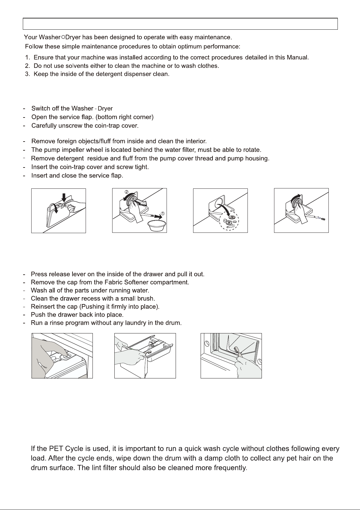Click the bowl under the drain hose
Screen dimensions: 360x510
click(157, 226)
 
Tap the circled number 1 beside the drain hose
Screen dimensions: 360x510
click(162, 213)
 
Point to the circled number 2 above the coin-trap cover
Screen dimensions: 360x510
click(127, 192)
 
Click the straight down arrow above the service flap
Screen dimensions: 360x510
click(64, 197)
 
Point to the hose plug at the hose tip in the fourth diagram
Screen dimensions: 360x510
click(323, 219)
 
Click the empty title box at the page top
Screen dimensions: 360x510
click(180, 24)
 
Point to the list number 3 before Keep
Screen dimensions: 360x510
click(27, 74)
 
